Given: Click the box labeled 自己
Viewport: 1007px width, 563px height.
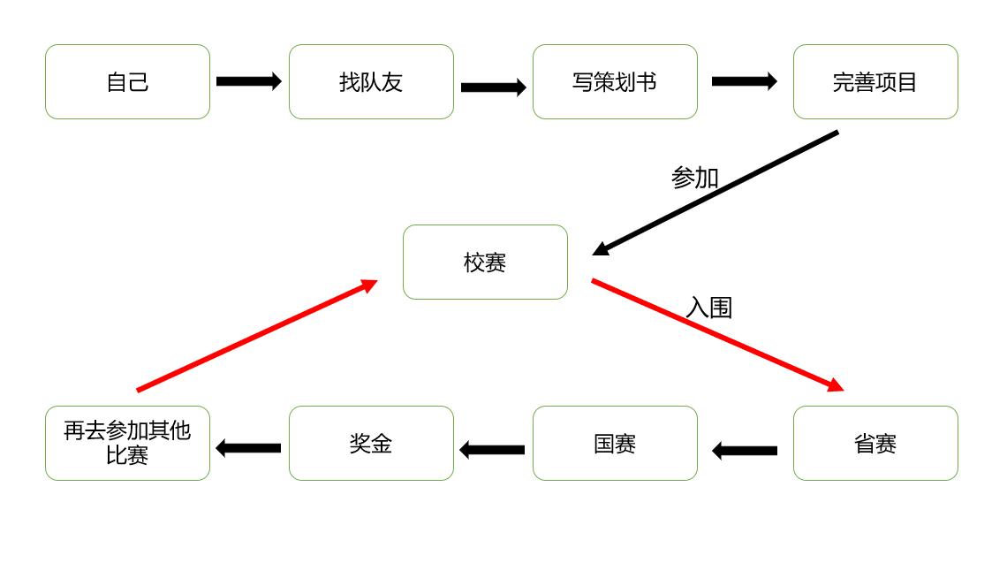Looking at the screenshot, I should click(127, 82).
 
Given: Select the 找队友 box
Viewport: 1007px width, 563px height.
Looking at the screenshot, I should click(371, 82).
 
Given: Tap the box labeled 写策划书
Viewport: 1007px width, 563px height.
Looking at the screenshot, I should click(615, 82).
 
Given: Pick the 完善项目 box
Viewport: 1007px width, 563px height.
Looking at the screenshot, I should click(875, 82).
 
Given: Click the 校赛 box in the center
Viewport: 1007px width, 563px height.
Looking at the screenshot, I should click(485, 262).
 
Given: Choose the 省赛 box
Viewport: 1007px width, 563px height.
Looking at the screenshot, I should click(875, 444).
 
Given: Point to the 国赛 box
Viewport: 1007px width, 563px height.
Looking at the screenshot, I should click(615, 444).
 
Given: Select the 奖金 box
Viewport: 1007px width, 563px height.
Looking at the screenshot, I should click(371, 444).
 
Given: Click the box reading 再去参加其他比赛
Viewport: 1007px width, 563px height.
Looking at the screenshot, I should click(127, 444).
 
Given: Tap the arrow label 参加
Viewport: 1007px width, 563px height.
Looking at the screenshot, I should click(695, 178).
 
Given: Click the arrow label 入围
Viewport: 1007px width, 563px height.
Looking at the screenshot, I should click(709, 308).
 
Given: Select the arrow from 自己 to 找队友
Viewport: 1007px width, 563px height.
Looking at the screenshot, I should click(248, 81).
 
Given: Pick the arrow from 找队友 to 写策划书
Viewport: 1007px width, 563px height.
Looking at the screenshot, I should click(493, 87).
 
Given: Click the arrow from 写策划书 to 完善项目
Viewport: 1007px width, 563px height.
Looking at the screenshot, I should click(744, 81).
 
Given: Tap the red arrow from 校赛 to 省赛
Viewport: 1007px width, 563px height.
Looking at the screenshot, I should click(717, 335).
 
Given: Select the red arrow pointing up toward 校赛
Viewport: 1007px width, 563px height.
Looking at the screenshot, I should click(256, 336).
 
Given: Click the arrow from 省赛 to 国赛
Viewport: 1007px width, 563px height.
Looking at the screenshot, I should click(745, 451).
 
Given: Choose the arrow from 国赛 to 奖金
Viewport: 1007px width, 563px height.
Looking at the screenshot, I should click(492, 450).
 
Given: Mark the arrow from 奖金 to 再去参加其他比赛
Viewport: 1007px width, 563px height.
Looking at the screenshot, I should click(248, 448).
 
